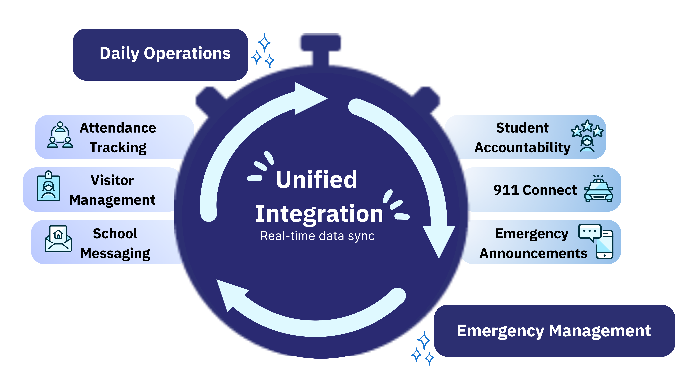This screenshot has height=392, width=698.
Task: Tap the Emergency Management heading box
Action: pos(554,331)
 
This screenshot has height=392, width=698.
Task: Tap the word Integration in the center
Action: pos(319,214)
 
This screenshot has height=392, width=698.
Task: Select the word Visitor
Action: pos(112,180)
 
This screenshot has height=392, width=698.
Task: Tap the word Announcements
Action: pos(533,253)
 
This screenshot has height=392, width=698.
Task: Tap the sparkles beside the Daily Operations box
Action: pos(263,51)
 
